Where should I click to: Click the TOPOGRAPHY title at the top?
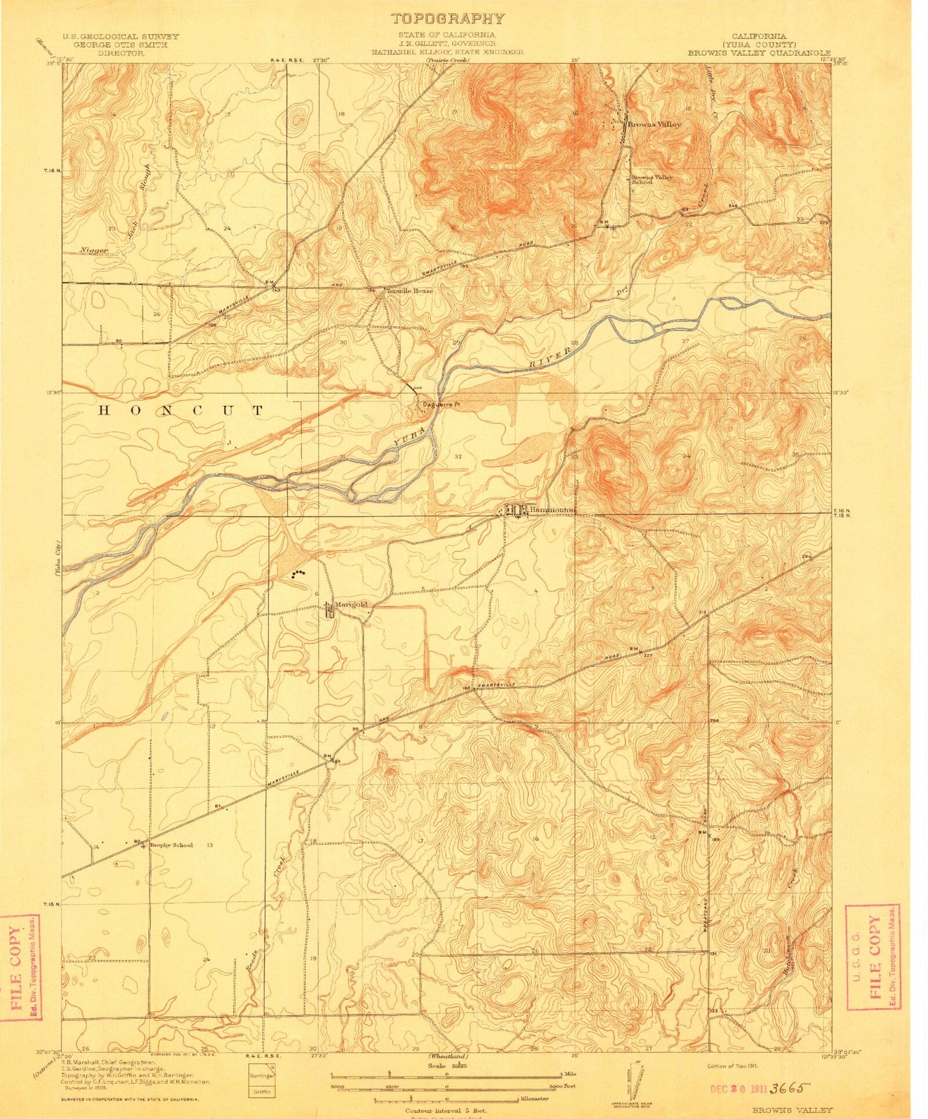[x=448, y=19]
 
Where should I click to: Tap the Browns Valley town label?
[x=654, y=125]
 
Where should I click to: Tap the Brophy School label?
[x=171, y=845]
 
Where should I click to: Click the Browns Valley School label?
[x=651, y=179]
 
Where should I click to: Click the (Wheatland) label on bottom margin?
[x=448, y=1057]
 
